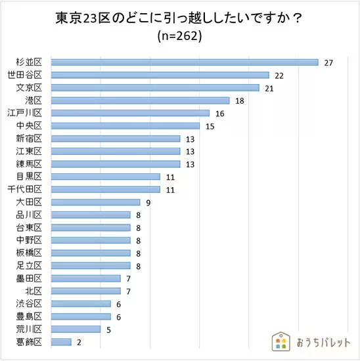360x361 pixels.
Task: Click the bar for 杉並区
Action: click(x=185, y=62)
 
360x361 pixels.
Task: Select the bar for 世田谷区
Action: click(x=160, y=75)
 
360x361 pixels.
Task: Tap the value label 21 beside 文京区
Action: click(x=269, y=89)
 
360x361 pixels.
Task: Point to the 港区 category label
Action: click(x=34, y=100)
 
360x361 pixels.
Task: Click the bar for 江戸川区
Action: click(x=130, y=113)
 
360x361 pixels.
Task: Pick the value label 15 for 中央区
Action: click(x=210, y=127)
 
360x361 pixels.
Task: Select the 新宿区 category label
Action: click(x=29, y=138)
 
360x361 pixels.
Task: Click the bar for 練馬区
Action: click(x=116, y=164)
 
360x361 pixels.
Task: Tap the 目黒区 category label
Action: click(x=29, y=177)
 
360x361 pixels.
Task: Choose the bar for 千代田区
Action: click(x=106, y=190)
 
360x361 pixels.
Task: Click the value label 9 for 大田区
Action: click(x=148, y=203)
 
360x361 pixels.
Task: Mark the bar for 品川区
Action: click(x=91, y=215)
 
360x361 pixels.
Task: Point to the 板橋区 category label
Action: click(x=29, y=253)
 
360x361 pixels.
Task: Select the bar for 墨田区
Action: click(x=86, y=278)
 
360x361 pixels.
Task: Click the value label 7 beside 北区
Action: click(x=129, y=291)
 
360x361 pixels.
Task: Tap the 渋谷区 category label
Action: click(x=29, y=303)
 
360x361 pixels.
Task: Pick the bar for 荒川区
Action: click(x=76, y=329)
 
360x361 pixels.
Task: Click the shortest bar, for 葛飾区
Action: click(x=61, y=342)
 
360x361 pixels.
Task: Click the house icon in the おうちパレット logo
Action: click(x=281, y=341)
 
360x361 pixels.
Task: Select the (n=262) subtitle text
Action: click(x=179, y=36)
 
